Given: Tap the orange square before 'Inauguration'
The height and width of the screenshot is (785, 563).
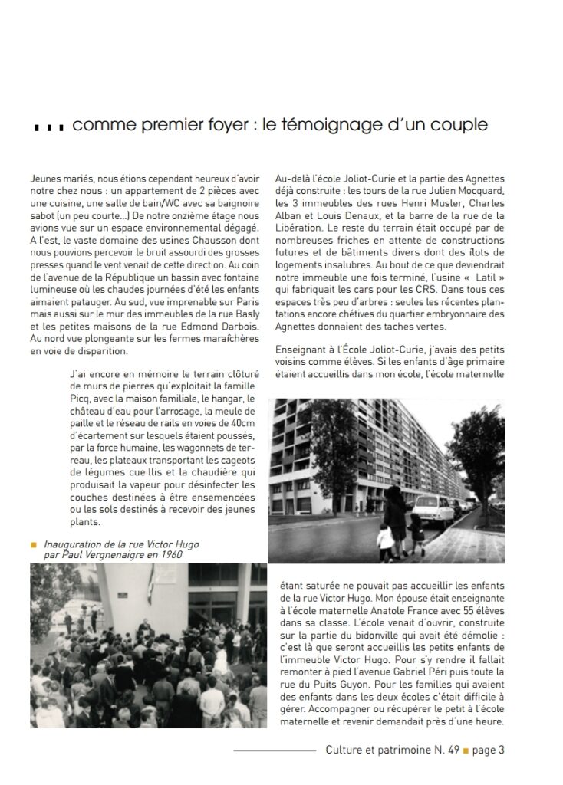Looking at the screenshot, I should [x=34, y=544].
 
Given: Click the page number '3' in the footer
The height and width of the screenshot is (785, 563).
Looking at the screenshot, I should [x=501, y=751].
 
